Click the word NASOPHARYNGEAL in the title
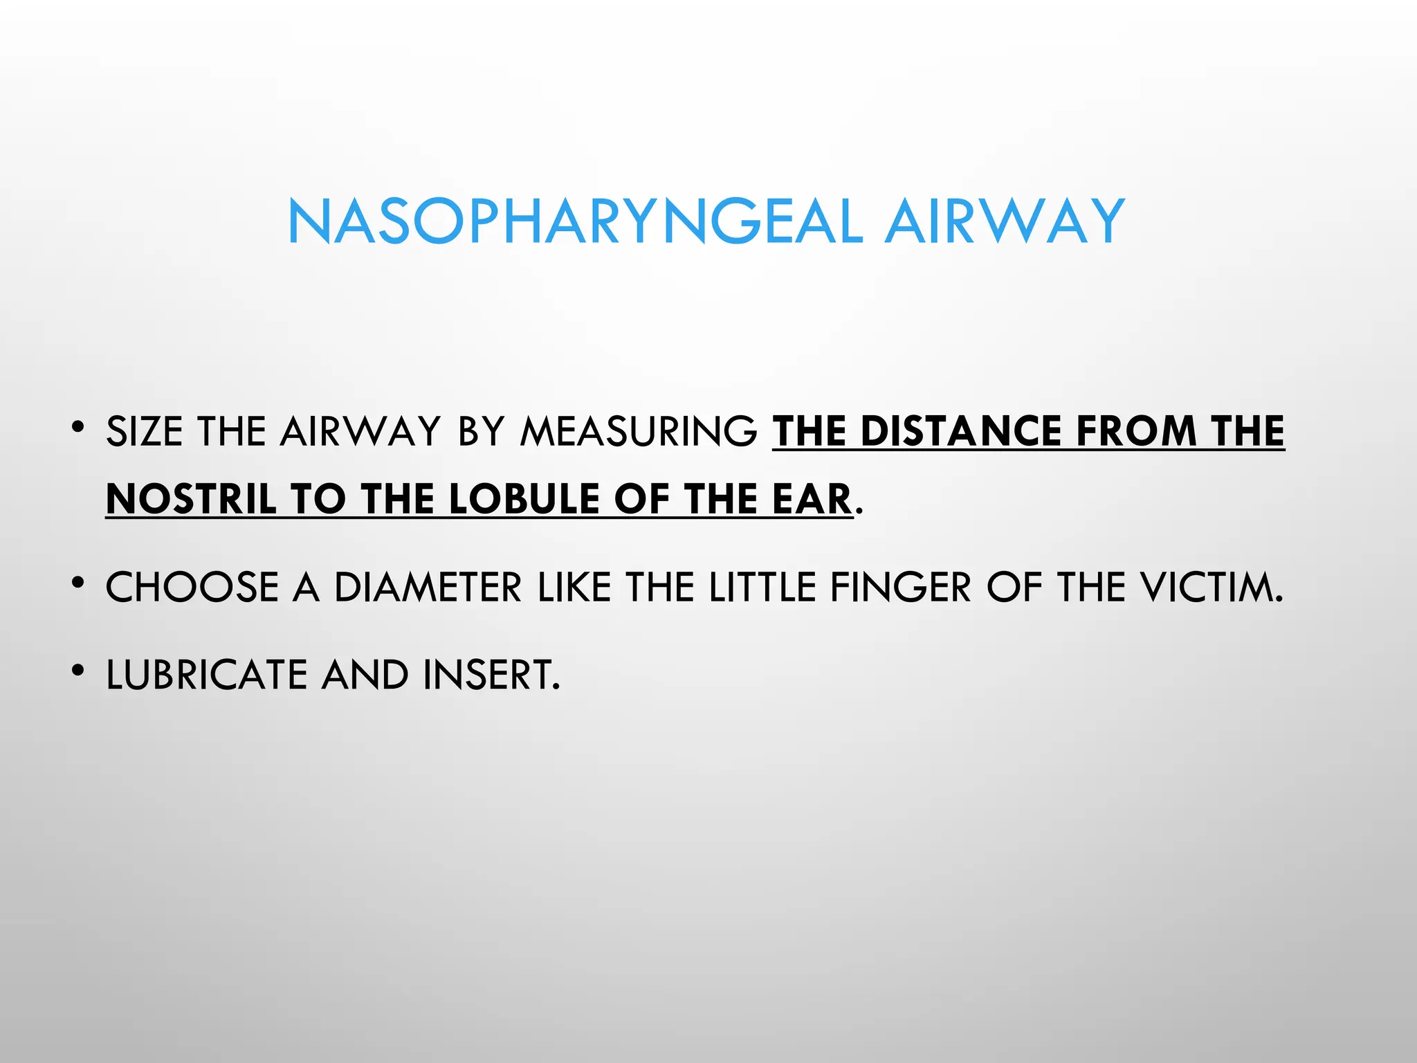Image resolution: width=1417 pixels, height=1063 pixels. [x=575, y=222]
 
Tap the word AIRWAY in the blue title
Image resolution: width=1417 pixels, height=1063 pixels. [x=1005, y=222]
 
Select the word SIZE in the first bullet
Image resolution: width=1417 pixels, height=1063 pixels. [x=145, y=432]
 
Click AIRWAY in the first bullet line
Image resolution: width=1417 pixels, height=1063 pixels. [x=360, y=432]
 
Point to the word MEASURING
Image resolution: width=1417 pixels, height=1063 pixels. [x=639, y=432]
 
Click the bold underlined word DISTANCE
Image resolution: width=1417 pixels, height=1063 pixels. [x=961, y=432]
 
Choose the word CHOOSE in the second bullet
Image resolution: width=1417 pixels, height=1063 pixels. [x=192, y=588]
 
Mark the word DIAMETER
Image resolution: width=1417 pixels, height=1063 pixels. [x=428, y=588]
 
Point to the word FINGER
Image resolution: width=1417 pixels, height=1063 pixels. [x=901, y=588]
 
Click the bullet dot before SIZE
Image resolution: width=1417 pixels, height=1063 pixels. [x=77, y=426]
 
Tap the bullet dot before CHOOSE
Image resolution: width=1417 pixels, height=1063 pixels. [x=77, y=583]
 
